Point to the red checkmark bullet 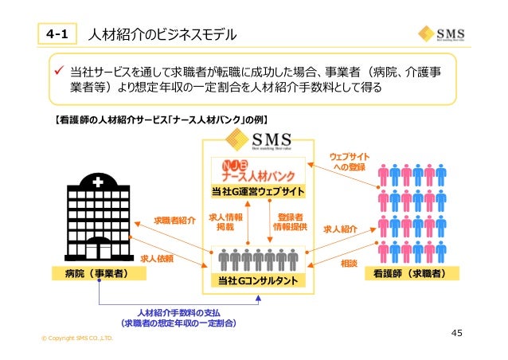click(x=57, y=72)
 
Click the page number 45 click(x=457, y=332)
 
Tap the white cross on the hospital click(x=96, y=183)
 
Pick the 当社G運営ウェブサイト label click(x=253, y=192)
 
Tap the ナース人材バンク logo click(x=253, y=170)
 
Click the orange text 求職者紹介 click(x=174, y=219)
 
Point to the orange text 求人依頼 click(x=157, y=259)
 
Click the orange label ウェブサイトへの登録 click(x=349, y=160)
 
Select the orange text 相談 click(x=349, y=262)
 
